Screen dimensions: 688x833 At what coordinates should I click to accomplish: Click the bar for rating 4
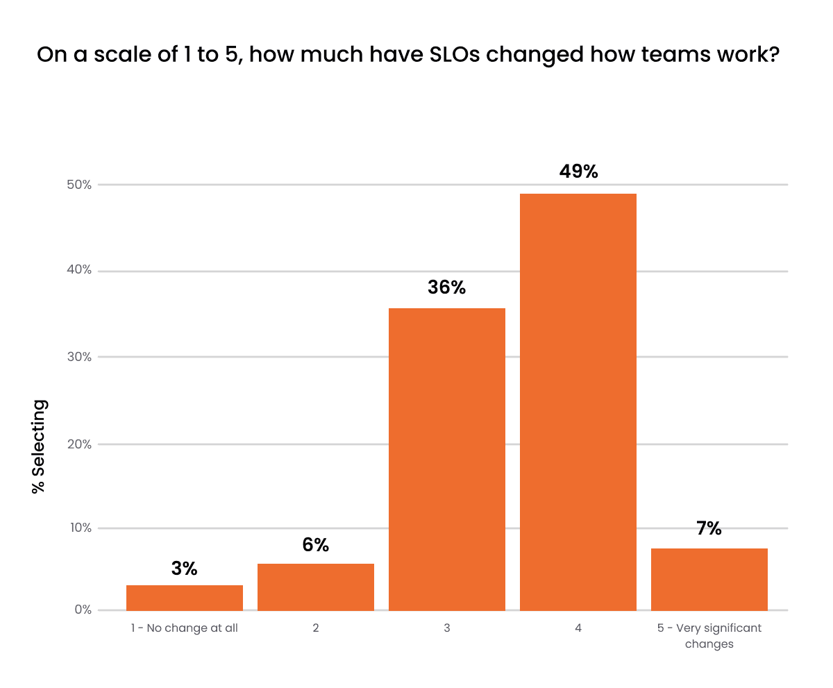point(578,402)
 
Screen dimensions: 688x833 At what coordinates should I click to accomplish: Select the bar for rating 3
point(446,459)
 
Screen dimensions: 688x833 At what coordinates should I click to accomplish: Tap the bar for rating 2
point(316,587)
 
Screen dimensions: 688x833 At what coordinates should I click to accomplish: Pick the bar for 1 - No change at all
point(185,598)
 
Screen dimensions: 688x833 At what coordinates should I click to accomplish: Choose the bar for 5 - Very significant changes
point(709,579)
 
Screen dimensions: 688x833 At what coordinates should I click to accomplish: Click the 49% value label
point(578,171)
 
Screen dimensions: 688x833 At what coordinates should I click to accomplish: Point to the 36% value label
point(446,287)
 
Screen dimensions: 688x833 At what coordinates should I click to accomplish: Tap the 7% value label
point(709,528)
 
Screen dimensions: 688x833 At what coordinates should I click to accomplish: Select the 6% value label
point(316,545)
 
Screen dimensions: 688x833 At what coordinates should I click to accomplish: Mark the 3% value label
point(185,569)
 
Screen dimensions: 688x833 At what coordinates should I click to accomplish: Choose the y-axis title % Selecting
point(39,446)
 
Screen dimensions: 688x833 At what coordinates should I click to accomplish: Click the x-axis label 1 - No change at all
point(185,628)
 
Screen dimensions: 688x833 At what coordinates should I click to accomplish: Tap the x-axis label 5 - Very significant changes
point(709,635)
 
